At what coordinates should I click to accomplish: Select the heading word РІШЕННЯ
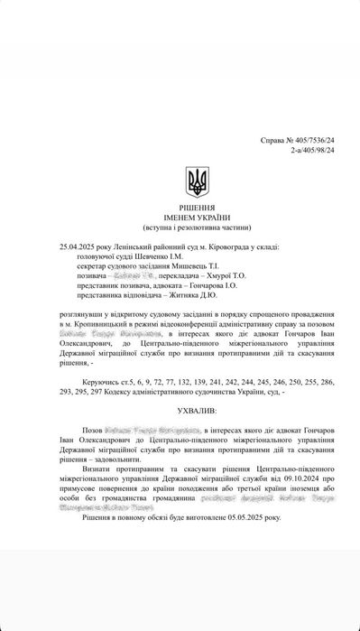(196, 209)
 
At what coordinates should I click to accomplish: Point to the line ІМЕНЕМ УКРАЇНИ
(196, 218)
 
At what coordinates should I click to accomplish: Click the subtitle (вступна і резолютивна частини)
(196, 227)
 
